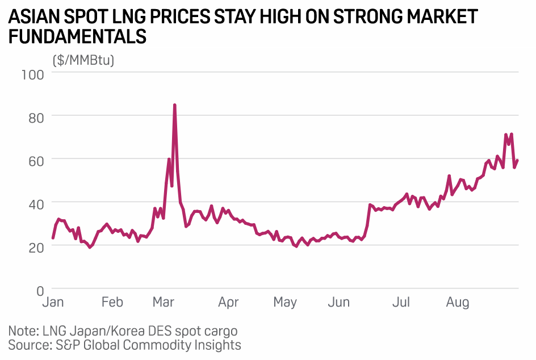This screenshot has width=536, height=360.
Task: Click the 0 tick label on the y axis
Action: pos(40,290)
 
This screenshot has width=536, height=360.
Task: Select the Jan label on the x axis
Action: pos(54,302)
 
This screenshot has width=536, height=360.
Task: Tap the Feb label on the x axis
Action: pos(112,302)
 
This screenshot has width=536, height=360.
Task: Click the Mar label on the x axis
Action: pos(164,302)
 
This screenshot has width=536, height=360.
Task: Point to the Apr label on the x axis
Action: pos(228,302)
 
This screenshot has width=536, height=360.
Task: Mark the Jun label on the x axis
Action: pos(338,302)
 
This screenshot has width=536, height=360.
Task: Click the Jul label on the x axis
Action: pos(401,302)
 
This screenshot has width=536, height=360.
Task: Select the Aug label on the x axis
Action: pos(457,302)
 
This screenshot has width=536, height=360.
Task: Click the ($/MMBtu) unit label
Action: pos(83,60)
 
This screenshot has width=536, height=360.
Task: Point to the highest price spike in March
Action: pos(174,105)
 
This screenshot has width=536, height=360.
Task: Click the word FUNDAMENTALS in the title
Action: pos(78,37)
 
